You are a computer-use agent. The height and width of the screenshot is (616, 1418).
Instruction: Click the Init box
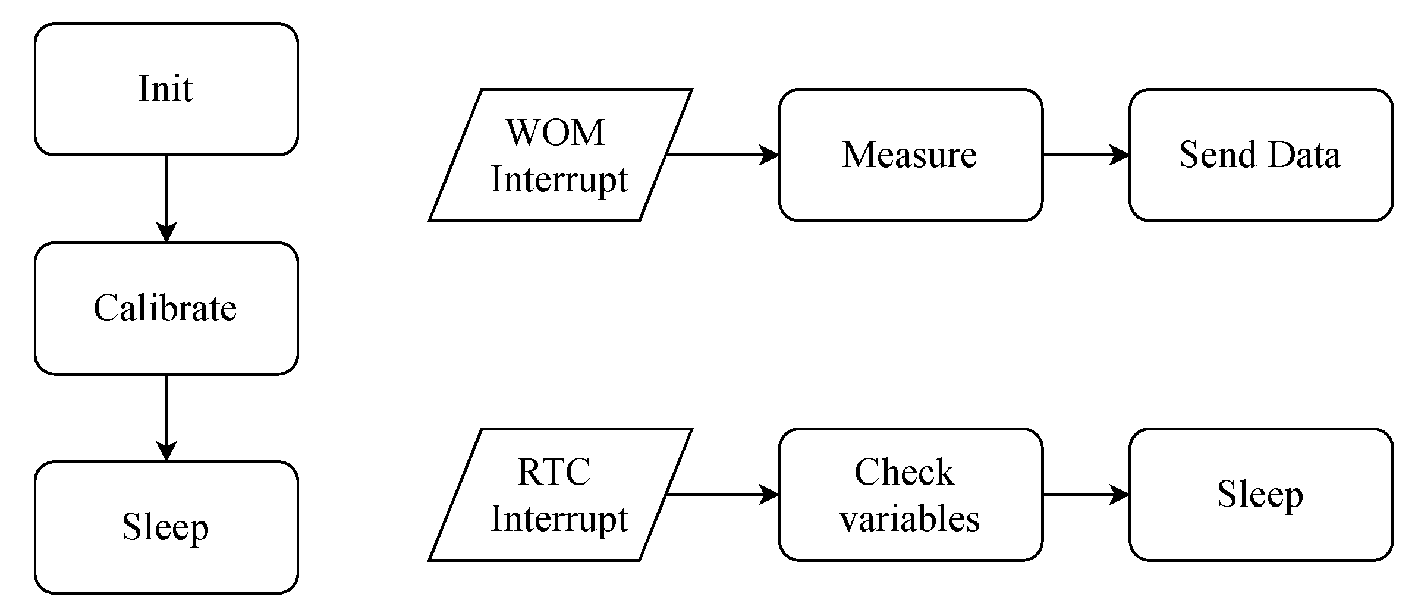(166, 89)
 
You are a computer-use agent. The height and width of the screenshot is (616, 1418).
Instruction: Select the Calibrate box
(166, 308)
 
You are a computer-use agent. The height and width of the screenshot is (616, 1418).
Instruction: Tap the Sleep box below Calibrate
(166, 527)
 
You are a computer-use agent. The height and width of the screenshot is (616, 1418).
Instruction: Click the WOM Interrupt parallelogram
(560, 155)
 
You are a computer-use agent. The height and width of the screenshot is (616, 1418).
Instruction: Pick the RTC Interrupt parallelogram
(560, 494)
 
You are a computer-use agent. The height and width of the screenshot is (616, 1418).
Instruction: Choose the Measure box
(910, 155)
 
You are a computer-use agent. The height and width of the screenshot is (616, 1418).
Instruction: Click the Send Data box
(1260, 155)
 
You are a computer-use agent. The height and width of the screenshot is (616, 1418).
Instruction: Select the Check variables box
(910, 494)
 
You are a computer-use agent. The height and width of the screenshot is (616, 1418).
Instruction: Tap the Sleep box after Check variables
(1260, 494)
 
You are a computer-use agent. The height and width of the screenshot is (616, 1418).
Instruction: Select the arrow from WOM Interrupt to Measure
(722, 155)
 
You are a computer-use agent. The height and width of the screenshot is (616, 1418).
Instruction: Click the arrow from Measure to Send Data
(1086, 155)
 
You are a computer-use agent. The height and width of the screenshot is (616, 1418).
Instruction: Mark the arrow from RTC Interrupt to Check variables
(722, 494)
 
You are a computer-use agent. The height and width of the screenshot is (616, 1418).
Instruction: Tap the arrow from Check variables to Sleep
(1086, 494)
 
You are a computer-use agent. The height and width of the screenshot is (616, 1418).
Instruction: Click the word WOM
(555, 132)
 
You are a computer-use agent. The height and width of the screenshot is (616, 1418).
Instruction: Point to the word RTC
(554, 472)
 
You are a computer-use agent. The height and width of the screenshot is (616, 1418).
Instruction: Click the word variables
(910, 518)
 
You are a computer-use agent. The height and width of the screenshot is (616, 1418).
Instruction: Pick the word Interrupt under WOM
(559, 179)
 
